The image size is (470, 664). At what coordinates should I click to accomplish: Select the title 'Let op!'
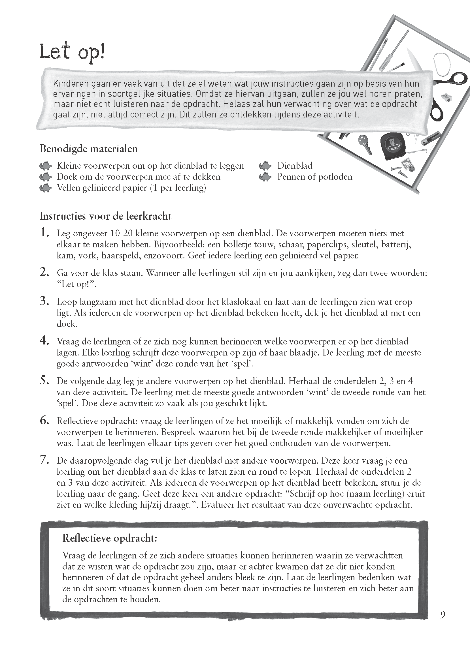(72, 53)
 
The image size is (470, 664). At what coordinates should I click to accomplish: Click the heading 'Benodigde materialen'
(88, 149)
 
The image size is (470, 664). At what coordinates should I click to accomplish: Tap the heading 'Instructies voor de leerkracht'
(105, 216)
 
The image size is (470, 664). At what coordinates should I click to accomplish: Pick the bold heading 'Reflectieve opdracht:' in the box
(110, 538)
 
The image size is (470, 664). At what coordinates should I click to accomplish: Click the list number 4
(44, 341)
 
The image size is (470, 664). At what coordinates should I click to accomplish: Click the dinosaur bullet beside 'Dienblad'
(265, 166)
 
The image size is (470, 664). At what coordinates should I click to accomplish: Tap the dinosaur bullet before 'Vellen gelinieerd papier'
(45, 188)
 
